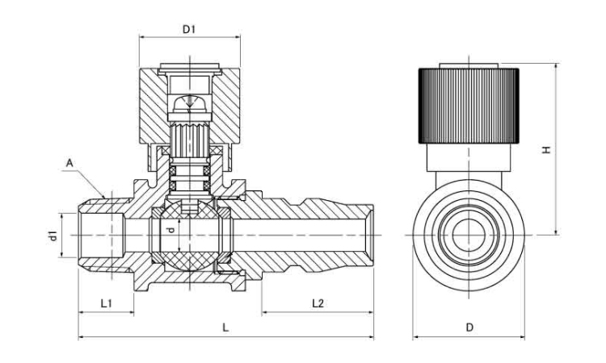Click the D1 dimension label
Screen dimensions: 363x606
190,29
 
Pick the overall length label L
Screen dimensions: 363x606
225,328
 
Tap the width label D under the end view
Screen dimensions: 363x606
469,328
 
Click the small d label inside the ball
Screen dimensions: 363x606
169,231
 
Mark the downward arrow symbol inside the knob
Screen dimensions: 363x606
189,101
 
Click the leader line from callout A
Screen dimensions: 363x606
87,178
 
